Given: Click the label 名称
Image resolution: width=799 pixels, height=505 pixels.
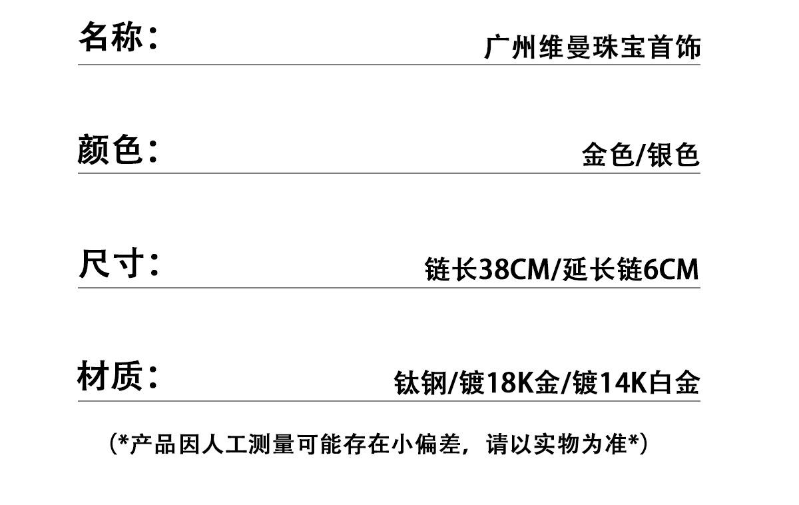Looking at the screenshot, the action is (x=111, y=36).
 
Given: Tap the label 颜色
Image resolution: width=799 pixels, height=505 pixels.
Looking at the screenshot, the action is (x=109, y=149).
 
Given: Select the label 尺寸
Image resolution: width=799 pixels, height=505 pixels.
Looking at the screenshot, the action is (x=111, y=263).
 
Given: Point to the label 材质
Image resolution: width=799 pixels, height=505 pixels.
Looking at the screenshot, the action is (x=110, y=376).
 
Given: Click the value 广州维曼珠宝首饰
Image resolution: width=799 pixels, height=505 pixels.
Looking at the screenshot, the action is (x=592, y=47).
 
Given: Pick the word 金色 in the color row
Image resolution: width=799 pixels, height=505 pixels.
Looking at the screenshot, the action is (x=608, y=155).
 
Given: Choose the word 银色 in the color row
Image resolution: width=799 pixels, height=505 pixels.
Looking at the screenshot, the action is (x=673, y=155).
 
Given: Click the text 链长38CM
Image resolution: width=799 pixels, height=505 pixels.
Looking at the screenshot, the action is (x=487, y=269).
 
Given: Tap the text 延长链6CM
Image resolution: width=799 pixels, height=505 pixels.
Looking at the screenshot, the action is (x=631, y=269).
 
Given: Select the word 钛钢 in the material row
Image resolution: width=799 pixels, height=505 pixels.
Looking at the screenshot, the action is (x=420, y=383).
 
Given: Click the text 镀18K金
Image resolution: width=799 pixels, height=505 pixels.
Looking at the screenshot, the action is (x=509, y=383).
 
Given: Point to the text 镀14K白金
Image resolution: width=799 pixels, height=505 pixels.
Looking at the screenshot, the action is (x=636, y=383).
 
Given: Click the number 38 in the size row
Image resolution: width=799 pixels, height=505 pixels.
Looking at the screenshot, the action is (x=493, y=269).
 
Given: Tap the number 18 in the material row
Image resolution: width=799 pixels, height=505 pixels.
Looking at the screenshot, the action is (x=501, y=383).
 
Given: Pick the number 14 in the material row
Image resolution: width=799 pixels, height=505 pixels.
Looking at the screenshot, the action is (x=614, y=383).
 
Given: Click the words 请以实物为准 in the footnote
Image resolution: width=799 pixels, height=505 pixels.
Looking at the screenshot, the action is (x=557, y=444).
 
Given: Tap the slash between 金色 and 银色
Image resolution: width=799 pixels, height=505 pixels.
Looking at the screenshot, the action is (x=641, y=155).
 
